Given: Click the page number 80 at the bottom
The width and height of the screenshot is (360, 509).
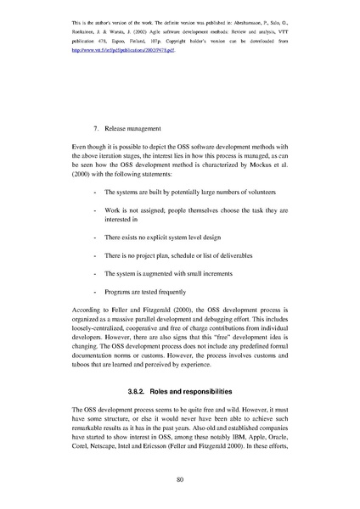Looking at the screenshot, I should pyautogui.click(x=180, y=479).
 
